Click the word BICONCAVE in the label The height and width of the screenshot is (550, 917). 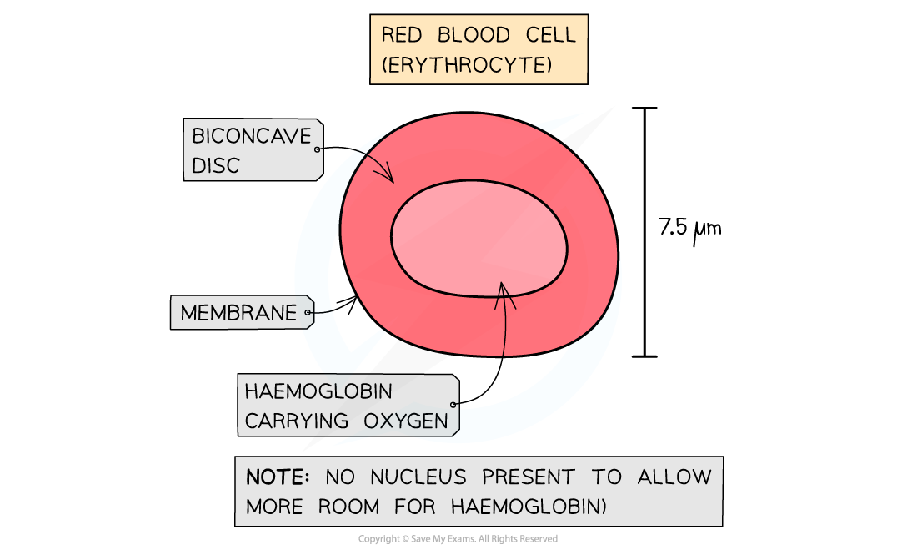[251, 135]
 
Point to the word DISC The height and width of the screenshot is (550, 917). [216, 165]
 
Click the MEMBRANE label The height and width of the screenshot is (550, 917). [238, 313]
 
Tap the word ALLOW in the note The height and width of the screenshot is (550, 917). [674, 477]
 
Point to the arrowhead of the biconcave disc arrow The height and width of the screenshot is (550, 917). [390, 179]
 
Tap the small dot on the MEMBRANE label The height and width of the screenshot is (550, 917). [308, 314]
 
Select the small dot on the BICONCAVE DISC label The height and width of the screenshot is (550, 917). [318, 149]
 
